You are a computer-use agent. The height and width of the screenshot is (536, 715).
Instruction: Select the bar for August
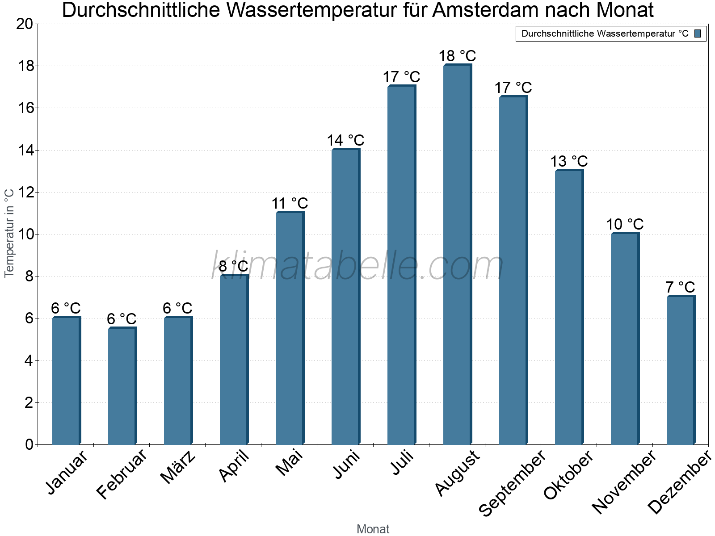coord(457,255)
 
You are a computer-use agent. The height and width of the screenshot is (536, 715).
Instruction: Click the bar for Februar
coord(122,386)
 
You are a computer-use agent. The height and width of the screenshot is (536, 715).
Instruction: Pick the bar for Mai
coord(290,328)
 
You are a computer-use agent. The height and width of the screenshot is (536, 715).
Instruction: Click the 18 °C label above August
coord(457,56)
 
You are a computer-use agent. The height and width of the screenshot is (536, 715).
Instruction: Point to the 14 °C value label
coord(345,141)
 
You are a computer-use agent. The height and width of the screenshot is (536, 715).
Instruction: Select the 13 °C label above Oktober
coord(569,161)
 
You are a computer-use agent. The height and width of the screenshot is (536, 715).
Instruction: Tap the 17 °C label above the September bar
coord(513,88)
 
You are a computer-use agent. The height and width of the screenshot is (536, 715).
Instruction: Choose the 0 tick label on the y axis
coord(29,444)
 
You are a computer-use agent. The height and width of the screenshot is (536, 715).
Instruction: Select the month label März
coord(178,467)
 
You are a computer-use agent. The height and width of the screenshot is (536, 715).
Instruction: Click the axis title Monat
coord(373,529)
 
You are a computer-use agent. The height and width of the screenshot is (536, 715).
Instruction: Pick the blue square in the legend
coord(698,33)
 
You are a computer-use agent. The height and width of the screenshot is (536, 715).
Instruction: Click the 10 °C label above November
coord(625,224)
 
